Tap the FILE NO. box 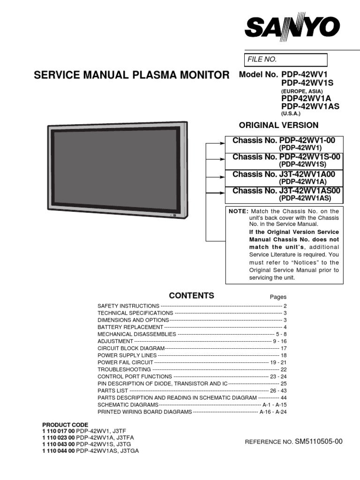[286, 60]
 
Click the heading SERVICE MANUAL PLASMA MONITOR [132, 75]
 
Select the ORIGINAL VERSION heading [279, 125]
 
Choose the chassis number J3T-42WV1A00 [310, 174]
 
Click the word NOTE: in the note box [239, 211]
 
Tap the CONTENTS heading [191, 296]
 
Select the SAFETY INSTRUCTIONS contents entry [128, 306]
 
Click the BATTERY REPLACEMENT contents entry [130, 327]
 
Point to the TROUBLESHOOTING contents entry [123, 369]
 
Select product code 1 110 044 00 [59, 450]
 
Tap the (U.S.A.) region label [291, 114]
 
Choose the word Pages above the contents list [278, 297]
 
